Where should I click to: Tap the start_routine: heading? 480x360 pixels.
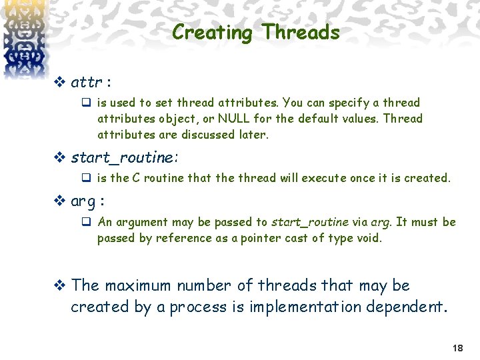[x=125, y=157]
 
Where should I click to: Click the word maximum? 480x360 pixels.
[x=138, y=285]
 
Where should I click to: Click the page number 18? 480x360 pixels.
[x=457, y=348]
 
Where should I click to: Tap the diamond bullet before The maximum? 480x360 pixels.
[x=59, y=286]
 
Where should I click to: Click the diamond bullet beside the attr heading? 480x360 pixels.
[x=59, y=83]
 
